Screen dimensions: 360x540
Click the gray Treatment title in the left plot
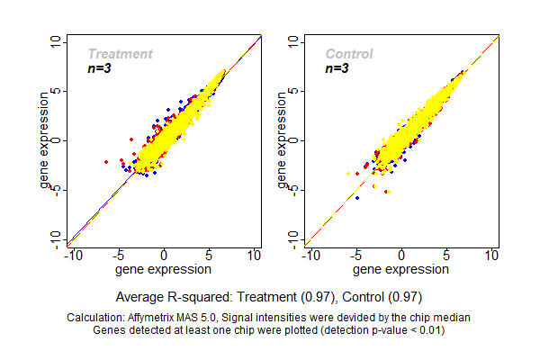pyautogui.click(x=120, y=54)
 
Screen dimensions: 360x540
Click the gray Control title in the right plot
pyautogui.click(x=349, y=54)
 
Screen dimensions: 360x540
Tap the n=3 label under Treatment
pyautogui.click(x=99, y=68)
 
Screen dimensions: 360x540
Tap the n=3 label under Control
pyautogui.click(x=337, y=68)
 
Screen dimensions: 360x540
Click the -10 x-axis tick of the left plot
pyautogui.click(x=72, y=256)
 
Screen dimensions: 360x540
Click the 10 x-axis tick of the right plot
pyautogui.click(x=491, y=256)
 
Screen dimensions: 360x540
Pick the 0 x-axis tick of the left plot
pyautogui.click(x=164, y=256)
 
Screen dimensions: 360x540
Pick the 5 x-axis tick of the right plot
pyautogui.click(x=446, y=256)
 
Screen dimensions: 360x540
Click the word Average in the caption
pyautogui.click(x=139, y=296)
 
